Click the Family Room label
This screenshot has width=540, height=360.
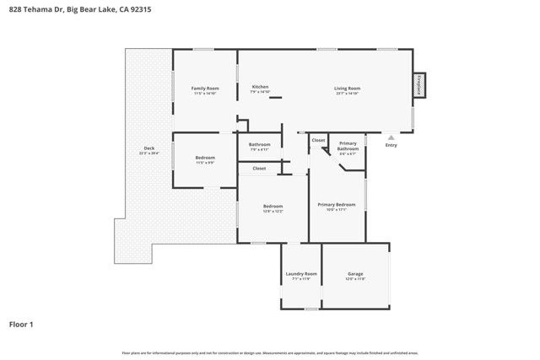(205, 89)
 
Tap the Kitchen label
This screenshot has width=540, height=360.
(260, 88)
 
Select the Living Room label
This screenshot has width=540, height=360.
(348, 89)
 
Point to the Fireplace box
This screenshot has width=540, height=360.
(418, 85)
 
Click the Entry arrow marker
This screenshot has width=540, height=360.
(391, 137)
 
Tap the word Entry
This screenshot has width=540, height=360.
(391, 145)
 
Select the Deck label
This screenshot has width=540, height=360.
(148, 148)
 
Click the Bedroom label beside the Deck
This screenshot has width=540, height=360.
(205, 158)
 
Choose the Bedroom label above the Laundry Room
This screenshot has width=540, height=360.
(273, 206)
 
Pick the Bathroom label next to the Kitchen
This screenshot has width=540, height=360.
(260, 144)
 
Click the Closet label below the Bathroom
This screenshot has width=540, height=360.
(259, 169)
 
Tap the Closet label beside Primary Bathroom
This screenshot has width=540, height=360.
(318, 140)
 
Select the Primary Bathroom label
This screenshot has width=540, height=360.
(348, 147)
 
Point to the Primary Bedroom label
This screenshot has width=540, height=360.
(336, 204)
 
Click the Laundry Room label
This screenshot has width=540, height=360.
(301, 274)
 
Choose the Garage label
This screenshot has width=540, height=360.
(355, 274)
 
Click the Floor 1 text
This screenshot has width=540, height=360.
(21, 324)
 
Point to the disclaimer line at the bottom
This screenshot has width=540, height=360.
(270, 352)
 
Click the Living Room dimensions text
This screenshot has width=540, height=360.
(348, 93)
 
